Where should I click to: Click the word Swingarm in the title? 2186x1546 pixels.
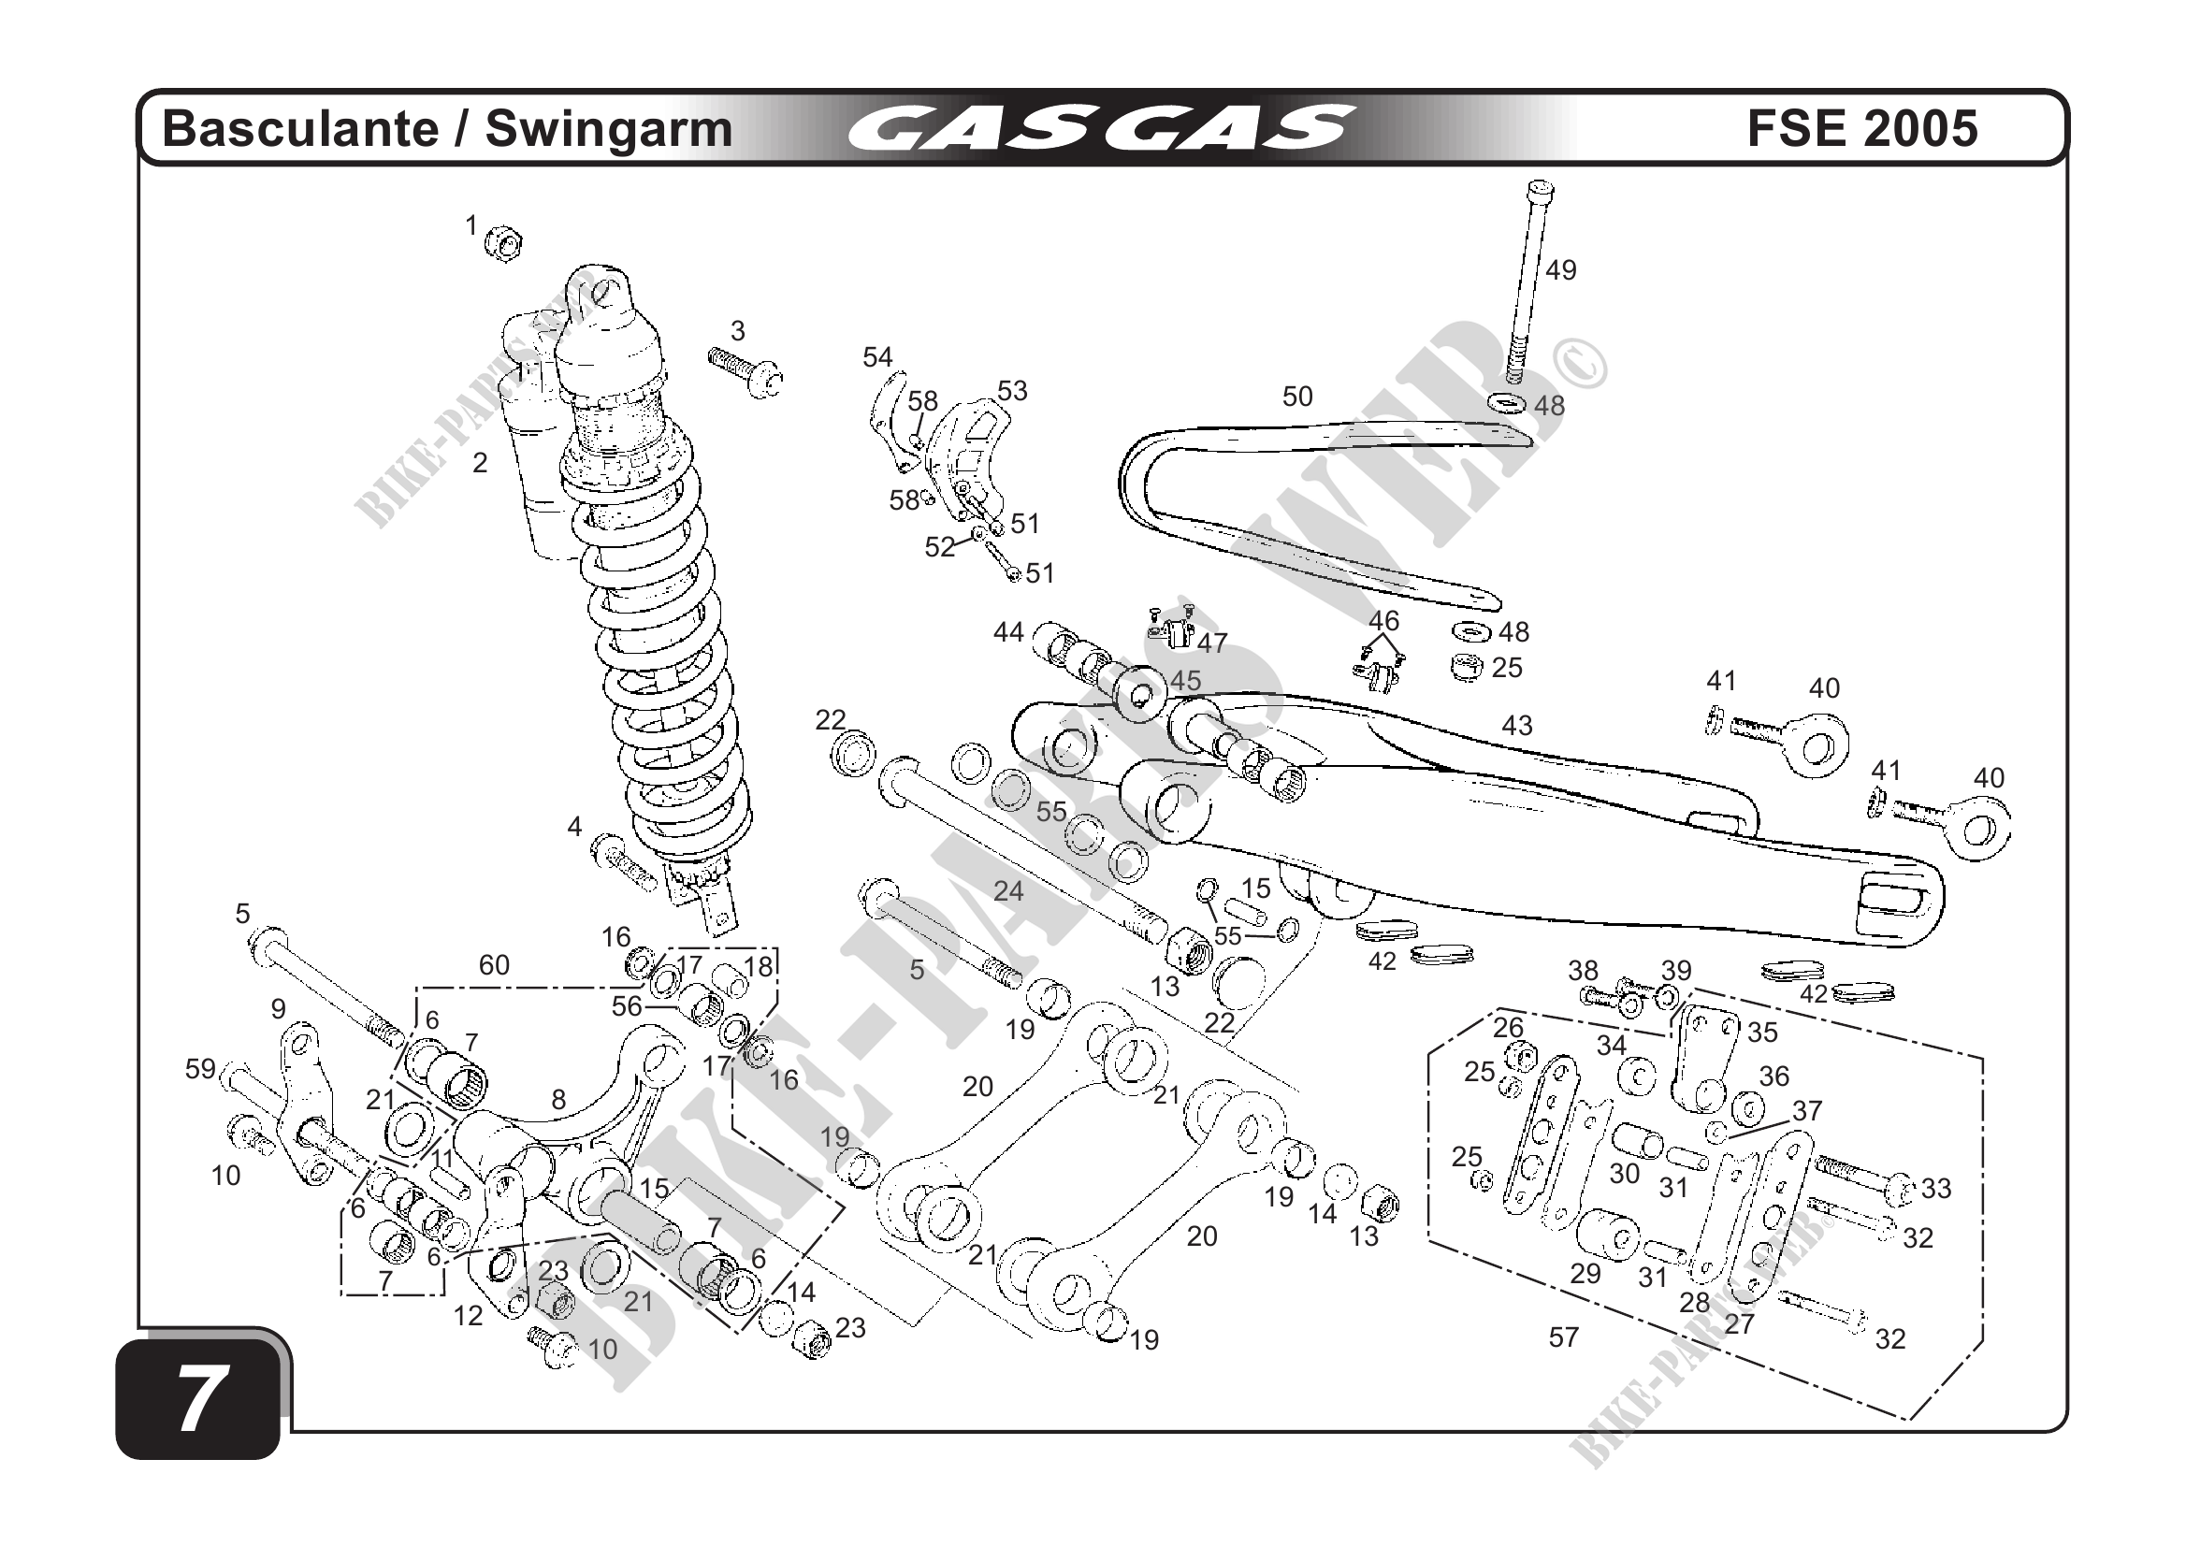coord(608,129)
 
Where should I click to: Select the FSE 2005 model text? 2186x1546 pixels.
coord(1861,128)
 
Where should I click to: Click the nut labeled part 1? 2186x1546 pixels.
coord(503,244)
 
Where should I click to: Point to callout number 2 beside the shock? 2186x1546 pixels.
coord(480,463)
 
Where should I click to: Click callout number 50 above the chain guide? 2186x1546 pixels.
coord(1296,396)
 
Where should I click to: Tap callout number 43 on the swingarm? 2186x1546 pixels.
coord(1516,726)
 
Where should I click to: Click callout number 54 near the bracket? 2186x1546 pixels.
coord(876,357)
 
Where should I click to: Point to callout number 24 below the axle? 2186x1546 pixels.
coord(1008,891)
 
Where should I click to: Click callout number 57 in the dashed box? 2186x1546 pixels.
coord(1563,1337)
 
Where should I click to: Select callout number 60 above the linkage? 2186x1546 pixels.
coord(494,965)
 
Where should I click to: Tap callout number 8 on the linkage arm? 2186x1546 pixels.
coord(558,1100)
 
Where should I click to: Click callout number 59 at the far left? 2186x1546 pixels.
coord(200,1069)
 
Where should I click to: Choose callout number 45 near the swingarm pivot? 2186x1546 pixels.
coord(1185,681)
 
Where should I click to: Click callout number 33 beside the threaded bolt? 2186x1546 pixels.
coord(1936,1188)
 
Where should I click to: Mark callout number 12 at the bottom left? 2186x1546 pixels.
coord(468,1316)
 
